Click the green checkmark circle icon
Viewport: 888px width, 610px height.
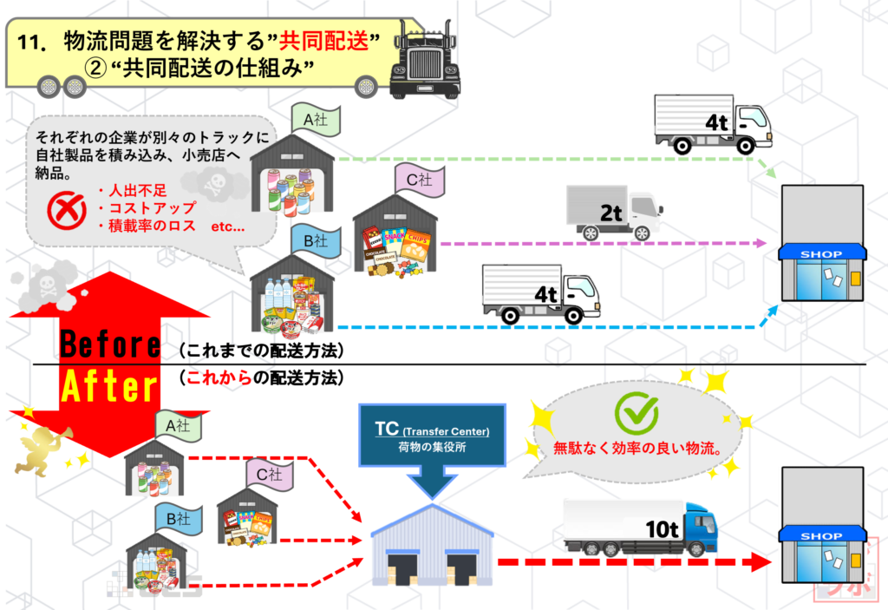click(636, 414)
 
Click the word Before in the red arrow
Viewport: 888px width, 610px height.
click(110, 344)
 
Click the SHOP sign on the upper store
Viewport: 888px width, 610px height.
click(821, 254)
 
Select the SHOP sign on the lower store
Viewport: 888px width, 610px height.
click(821, 536)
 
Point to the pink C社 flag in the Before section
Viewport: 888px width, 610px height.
click(421, 180)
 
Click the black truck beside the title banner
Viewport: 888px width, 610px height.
click(424, 62)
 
